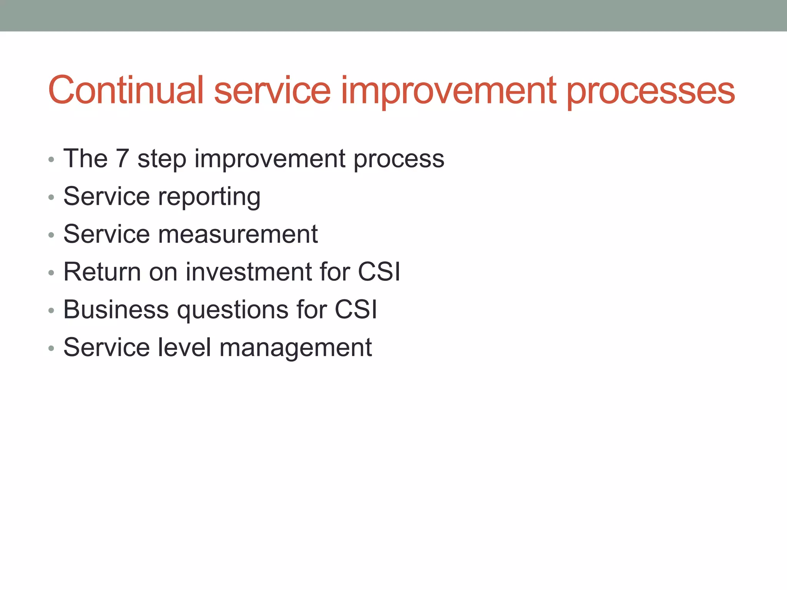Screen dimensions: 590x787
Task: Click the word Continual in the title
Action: (x=126, y=90)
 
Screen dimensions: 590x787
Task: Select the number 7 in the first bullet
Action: (x=122, y=158)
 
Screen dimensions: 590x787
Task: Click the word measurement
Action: (x=238, y=234)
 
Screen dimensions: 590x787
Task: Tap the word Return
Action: (x=102, y=272)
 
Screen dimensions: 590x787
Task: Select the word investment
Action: (x=249, y=272)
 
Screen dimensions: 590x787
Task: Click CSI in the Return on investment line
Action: (x=379, y=272)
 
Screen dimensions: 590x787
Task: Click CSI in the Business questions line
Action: (x=355, y=310)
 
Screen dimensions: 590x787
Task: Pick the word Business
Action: (x=116, y=310)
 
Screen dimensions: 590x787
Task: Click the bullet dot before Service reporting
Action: (x=51, y=198)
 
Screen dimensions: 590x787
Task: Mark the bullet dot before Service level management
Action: (x=51, y=349)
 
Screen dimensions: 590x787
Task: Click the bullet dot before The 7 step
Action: (x=51, y=160)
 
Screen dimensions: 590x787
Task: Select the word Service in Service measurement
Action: (x=106, y=234)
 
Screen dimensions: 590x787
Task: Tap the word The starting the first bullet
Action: (x=85, y=158)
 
